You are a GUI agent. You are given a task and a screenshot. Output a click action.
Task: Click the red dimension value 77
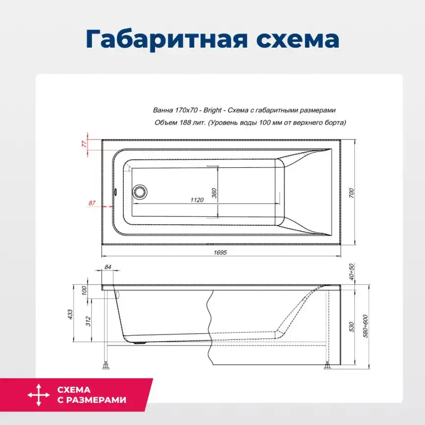[x=84, y=144]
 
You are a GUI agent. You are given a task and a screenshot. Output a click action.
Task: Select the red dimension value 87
[x=92, y=203]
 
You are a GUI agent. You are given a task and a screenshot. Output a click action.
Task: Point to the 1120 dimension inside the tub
[x=197, y=200]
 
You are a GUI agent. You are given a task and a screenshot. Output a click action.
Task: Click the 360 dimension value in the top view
[x=214, y=193]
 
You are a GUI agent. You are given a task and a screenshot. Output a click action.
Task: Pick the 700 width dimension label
[x=351, y=193]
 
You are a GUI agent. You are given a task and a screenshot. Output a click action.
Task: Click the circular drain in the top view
[x=140, y=191]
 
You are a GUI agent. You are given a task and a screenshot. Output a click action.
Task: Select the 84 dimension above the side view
[x=108, y=267]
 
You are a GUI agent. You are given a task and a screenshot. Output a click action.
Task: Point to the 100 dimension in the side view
[x=84, y=290]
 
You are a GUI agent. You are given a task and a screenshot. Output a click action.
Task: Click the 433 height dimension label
[x=70, y=313]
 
